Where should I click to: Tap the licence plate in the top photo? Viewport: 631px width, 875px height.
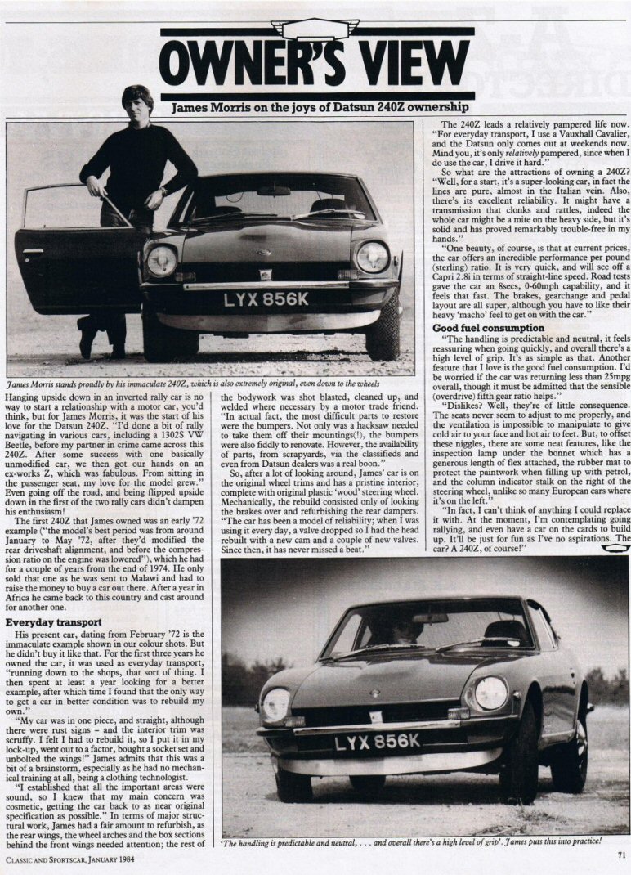click(x=266, y=299)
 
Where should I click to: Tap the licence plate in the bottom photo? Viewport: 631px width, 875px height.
click(x=378, y=742)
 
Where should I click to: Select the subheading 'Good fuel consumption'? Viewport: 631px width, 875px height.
click(x=489, y=328)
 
